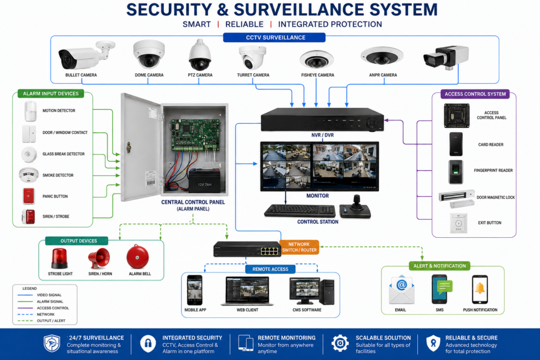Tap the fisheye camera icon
pos(316,60)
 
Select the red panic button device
pos(28,196)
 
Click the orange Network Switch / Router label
pos(300,247)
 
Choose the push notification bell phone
pos(480,289)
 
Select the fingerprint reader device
pos(456,172)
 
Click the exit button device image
pos(458,223)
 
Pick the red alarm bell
pos(138,257)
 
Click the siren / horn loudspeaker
pos(99,258)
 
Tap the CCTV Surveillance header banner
pos(274,37)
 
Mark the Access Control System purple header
pos(475,94)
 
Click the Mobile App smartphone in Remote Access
pos(195,290)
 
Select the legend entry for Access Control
pos(43,308)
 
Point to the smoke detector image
pos(28,175)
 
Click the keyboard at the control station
pos(300,210)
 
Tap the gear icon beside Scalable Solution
pos(340,343)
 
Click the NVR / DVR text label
pos(322,135)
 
